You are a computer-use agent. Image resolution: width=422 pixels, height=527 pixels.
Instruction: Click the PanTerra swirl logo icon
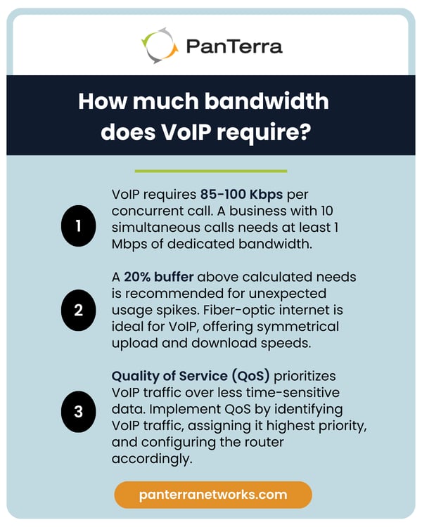(x=160, y=45)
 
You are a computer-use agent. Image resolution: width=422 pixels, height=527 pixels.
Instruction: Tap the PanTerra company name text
(x=234, y=46)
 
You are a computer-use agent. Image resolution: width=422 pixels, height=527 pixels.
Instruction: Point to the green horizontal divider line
(x=210, y=171)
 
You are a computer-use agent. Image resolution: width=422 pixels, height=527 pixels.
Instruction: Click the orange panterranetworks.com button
(x=212, y=494)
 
